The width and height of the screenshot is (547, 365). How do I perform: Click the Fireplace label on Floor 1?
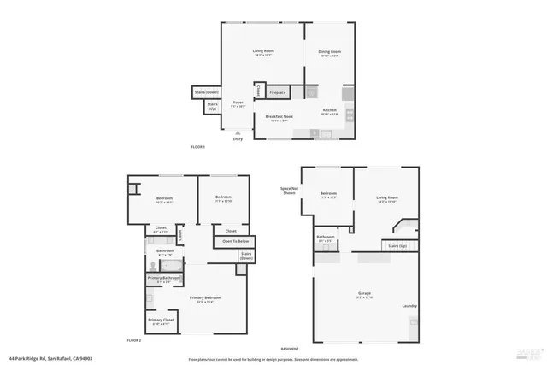point(278,91)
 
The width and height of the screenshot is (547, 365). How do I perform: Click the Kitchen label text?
point(329,109)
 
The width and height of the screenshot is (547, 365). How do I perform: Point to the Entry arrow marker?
point(238,132)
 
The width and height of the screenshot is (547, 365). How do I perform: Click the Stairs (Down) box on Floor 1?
point(207,91)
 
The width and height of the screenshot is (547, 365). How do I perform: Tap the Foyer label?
point(238,103)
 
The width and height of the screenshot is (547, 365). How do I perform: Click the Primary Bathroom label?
point(165,278)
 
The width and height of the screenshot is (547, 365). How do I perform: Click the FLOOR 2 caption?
point(133,340)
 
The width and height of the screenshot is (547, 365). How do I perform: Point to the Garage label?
point(364,293)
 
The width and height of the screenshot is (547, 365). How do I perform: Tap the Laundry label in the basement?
point(410,305)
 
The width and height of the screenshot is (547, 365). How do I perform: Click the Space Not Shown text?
point(289,191)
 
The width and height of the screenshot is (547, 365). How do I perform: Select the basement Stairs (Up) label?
point(399,245)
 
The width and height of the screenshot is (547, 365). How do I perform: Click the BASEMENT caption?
point(291,349)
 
